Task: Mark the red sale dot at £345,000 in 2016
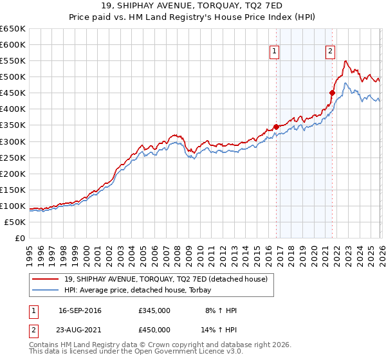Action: pos(276,127)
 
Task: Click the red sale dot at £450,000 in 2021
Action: pos(332,93)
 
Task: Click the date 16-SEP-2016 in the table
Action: pos(80,310)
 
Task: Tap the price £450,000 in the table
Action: pos(154,330)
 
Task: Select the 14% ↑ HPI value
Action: pos(219,330)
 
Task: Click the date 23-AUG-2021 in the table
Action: pos(80,330)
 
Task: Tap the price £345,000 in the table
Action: pos(154,310)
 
